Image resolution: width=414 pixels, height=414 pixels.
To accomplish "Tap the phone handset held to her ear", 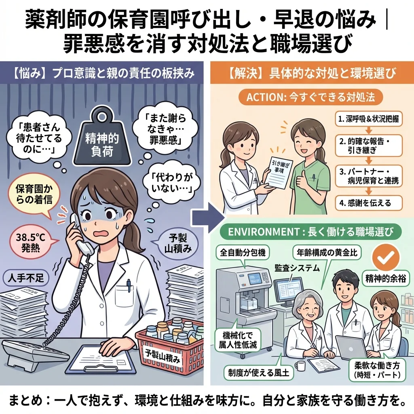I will pos(80,234).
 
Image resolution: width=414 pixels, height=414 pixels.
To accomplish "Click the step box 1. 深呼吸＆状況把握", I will pos(368,119).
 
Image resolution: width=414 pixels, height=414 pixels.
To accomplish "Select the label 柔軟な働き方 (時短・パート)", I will pos(376,370).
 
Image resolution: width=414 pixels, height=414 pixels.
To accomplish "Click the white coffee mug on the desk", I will pos(300,366).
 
